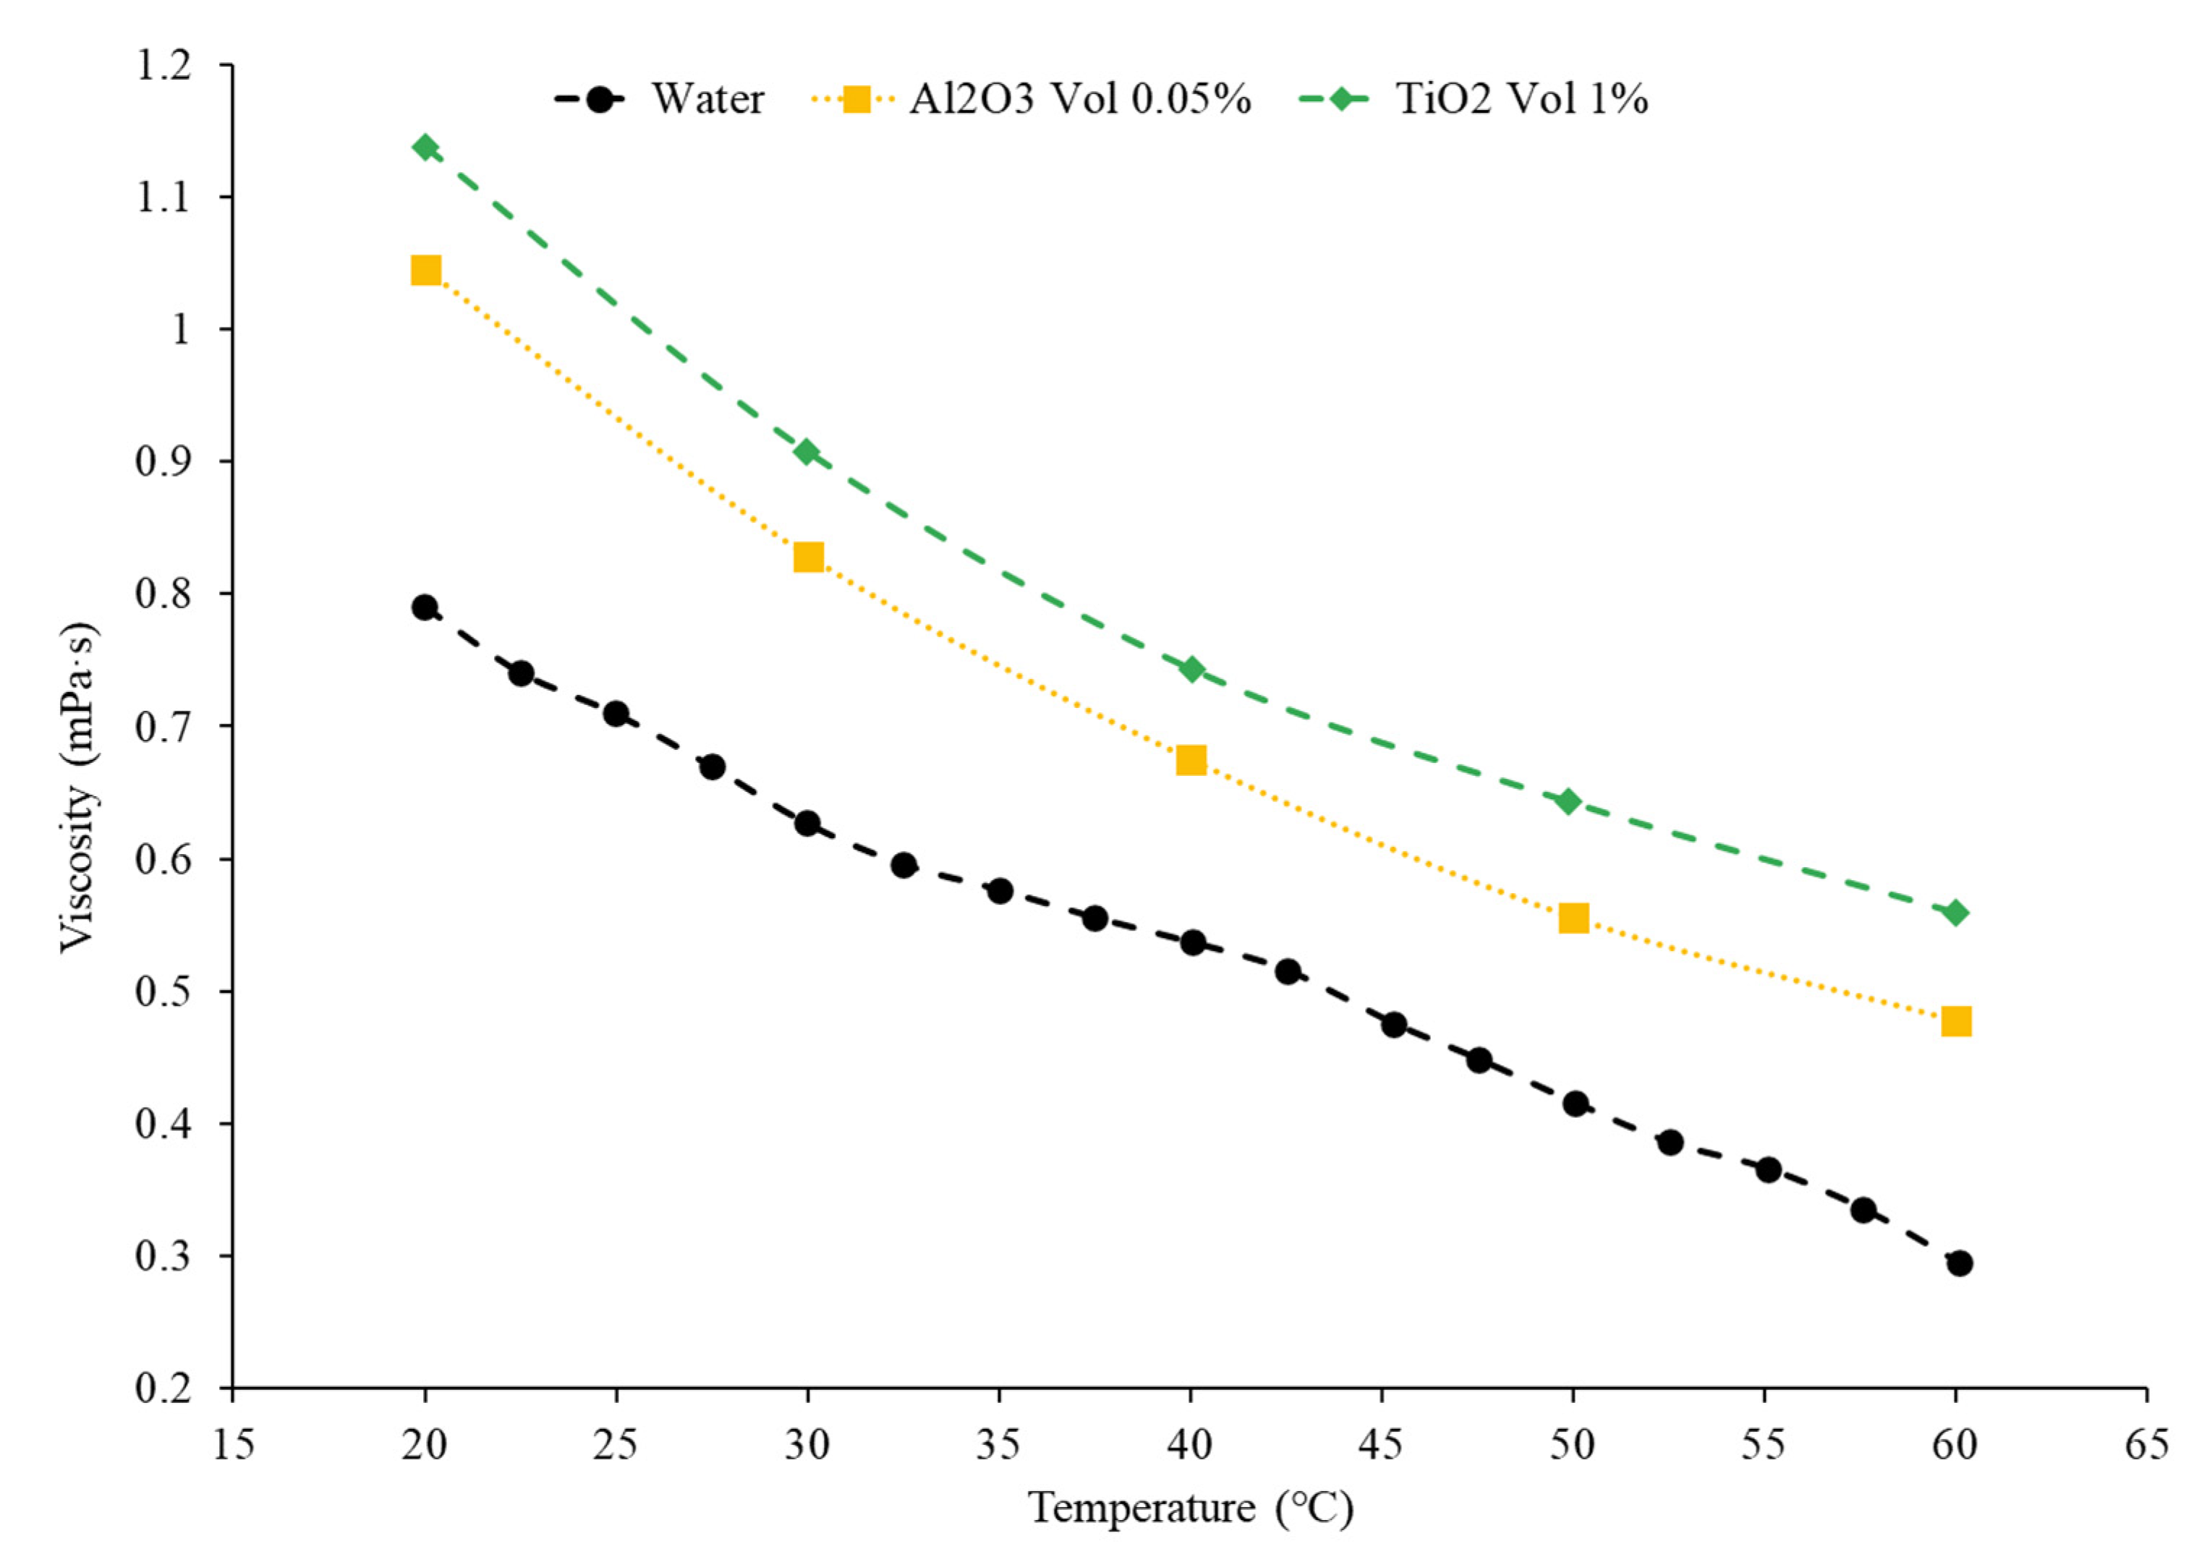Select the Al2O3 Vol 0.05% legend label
click(1079, 99)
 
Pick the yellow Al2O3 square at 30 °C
click(809, 557)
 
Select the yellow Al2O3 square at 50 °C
click(1573, 918)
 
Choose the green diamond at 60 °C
click(1955, 913)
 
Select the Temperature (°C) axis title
click(1191, 1508)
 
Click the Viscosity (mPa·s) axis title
click(79, 787)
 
